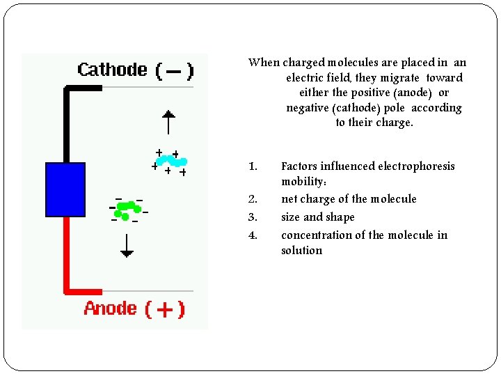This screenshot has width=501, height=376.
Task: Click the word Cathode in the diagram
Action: [112, 70]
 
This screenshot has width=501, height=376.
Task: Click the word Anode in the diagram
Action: [111, 308]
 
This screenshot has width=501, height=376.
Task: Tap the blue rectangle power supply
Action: [65, 189]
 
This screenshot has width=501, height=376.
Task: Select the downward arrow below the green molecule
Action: [126, 246]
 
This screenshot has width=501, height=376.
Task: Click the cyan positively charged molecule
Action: [169, 161]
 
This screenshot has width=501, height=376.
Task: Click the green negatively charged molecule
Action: [127, 209]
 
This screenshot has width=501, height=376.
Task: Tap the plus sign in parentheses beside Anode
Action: [165, 309]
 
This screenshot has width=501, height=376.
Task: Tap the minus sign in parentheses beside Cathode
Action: [174, 70]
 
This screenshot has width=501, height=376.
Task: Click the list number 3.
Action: [253, 217]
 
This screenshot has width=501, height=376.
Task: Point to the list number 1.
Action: [253, 166]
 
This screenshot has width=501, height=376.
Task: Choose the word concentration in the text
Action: [317, 235]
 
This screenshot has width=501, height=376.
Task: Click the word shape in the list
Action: [339, 217]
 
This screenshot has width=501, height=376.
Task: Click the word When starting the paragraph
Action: [264, 63]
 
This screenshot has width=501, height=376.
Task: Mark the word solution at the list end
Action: [301, 251]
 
